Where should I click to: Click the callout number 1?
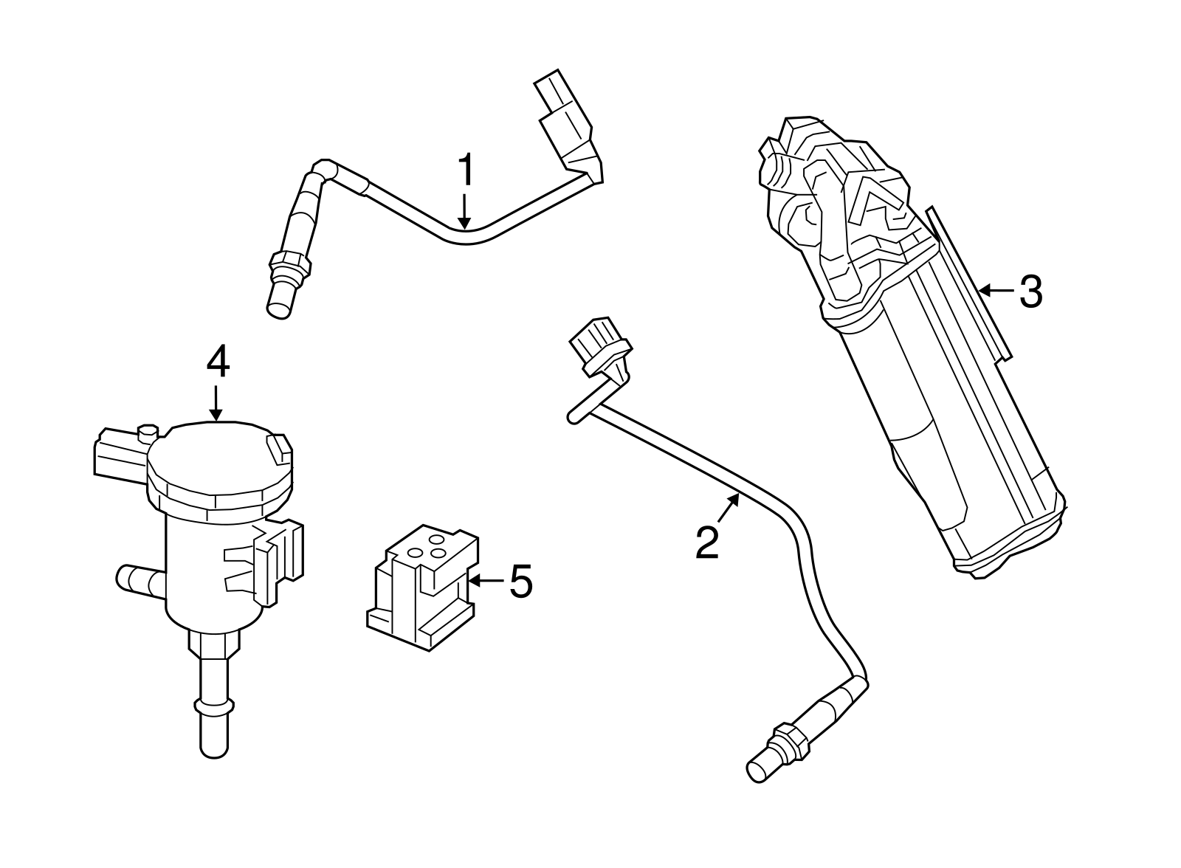point(466,171)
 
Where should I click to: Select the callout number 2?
point(707,543)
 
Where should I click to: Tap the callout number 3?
point(1030,292)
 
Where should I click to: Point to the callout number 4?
point(218,363)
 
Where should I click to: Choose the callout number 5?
point(521,582)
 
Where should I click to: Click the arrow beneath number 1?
point(464,211)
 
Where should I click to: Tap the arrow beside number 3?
point(996,292)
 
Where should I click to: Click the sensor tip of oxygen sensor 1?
point(278,301)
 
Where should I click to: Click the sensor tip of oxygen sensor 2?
point(760,768)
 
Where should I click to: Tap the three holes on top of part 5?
point(428,552)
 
